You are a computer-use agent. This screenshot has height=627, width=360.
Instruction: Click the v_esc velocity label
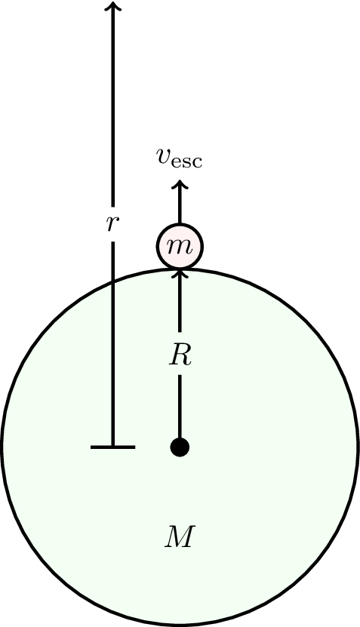(x=179, y=158)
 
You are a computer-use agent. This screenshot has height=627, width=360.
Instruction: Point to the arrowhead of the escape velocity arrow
(x=180, y=184)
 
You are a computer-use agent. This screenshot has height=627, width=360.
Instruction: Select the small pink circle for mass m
(x=180, y=246)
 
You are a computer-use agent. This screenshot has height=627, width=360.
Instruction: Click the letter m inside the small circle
(x=180, y=247)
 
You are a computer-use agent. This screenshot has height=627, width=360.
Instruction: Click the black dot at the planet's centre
(x=180, y=447)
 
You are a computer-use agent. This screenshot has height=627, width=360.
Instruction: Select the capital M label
(x=180, y=537)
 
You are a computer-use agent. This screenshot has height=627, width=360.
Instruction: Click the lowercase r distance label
(x=112, y=224)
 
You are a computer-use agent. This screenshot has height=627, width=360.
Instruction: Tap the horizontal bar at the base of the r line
(x=112, y=447)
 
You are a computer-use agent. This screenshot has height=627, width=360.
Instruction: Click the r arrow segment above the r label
(x=112, y=103)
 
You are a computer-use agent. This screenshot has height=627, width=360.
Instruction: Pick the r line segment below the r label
(x=112, y=344)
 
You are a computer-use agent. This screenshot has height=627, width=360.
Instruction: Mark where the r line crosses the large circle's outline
(x=112, y=282)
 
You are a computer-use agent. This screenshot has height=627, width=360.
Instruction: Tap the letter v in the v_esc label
(x=164, y=157)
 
